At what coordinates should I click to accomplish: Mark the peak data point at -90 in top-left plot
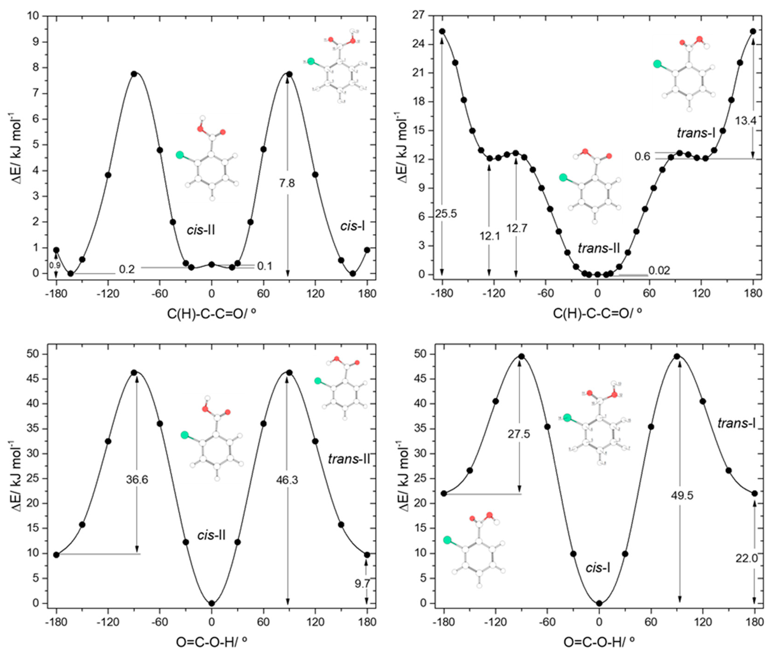(x=134, y=74)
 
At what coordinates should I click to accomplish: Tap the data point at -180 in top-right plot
(x=442, y=31)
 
